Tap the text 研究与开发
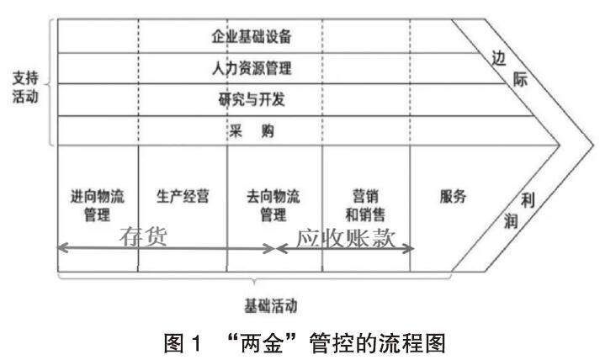[x=253, y=99]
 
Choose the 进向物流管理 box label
[x=98, y=206]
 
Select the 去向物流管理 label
[x=274, y=206]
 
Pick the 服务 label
[x=452, y=198]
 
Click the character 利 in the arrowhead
[x=528, y=200]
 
